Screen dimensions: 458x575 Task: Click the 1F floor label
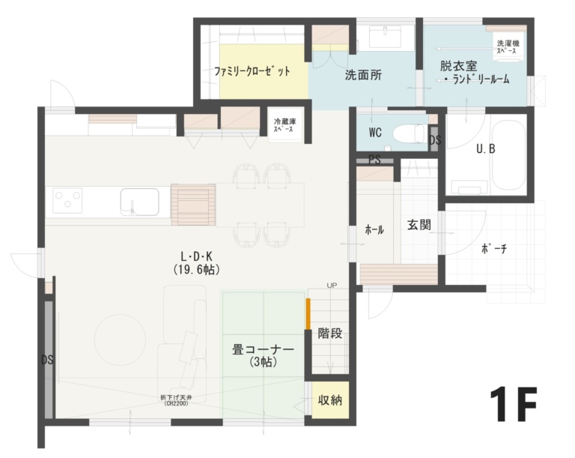[514, 406]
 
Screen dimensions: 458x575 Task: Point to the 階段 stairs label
[330, 333]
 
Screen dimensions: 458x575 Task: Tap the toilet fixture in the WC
[409, 133]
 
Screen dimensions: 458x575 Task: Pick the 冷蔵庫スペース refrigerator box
[284, 125]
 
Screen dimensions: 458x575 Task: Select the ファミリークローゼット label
[252, 73]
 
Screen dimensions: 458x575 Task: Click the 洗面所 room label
[364, 75]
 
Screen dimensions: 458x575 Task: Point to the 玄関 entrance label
[419, 225]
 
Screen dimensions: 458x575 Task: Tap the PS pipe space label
[375, 159]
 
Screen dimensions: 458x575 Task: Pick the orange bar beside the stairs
[308, 313]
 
